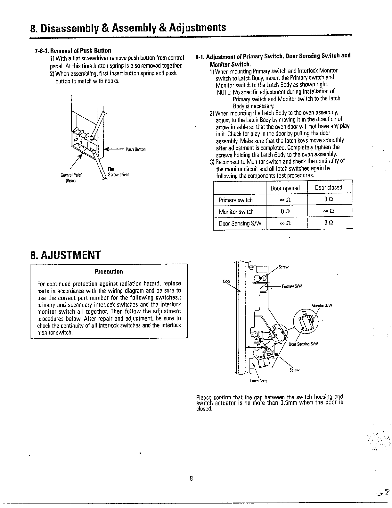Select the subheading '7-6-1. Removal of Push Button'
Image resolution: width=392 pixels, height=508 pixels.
[x=73, y=51]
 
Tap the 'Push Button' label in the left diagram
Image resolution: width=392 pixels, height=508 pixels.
[x=135, y=149]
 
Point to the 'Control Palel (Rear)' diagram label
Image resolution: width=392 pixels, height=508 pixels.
[x=71, y=178]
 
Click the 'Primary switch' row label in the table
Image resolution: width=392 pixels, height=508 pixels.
[x=236, y=200]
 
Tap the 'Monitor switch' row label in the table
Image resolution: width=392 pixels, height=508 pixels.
[x=236, y=212]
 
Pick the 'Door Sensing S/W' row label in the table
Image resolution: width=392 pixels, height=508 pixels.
[x=239, y=224]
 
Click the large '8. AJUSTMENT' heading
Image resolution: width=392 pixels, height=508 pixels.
[x=65, y=255]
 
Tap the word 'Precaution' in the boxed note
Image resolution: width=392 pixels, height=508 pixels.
[x=109, y=272]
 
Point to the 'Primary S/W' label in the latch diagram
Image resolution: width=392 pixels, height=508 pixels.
[x=292, y=286]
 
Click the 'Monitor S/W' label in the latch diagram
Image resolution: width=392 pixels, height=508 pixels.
[x=322, y=306]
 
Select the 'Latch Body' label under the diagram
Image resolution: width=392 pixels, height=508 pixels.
[x=258, y=381]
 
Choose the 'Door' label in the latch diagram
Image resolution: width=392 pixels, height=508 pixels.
[x=226, y=281]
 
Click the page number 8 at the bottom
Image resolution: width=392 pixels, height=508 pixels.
[x=191, y=479]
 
